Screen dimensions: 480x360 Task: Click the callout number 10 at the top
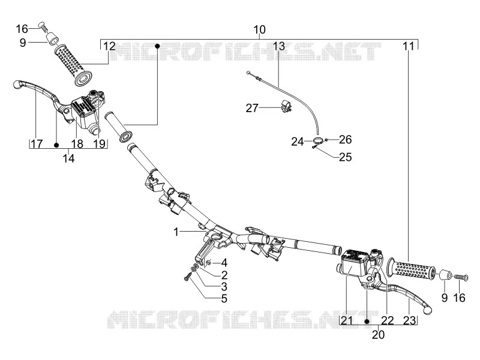pos(260,29)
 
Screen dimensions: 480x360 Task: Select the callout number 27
pos(252,108)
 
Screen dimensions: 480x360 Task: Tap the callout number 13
pos(278,46)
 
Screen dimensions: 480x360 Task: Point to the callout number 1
pos(176,232)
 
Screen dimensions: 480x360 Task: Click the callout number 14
pos(68,158)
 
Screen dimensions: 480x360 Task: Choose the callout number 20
pos(378,335)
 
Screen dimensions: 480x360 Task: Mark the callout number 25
pos(346,157)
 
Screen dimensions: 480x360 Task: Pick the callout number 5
pos(224,298)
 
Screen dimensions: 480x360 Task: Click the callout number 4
pos(224,263)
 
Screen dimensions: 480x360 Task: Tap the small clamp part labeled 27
pos(286,105)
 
